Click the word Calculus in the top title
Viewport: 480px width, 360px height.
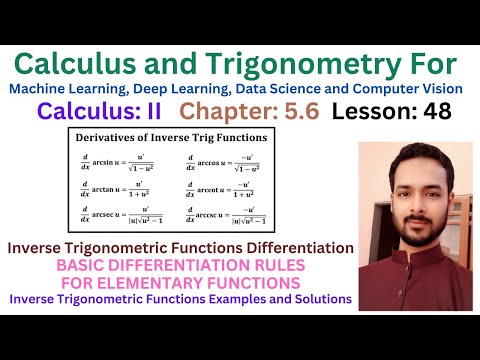pos(84,63)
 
